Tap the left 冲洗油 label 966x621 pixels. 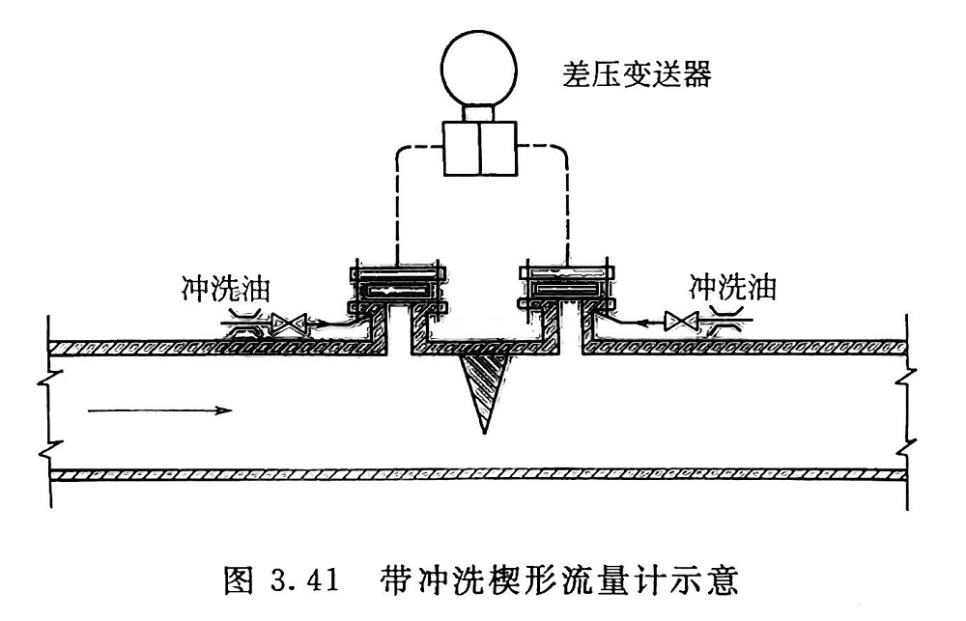click(225, 287)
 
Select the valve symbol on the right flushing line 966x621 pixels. click(680, 320)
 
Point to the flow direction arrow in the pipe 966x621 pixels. click(160, 410)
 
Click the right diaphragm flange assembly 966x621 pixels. click(566, 287)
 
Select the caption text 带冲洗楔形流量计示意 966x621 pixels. click(560, 582)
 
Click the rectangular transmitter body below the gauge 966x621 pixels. click(479, 148)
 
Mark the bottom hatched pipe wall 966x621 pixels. click(483, 475)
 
